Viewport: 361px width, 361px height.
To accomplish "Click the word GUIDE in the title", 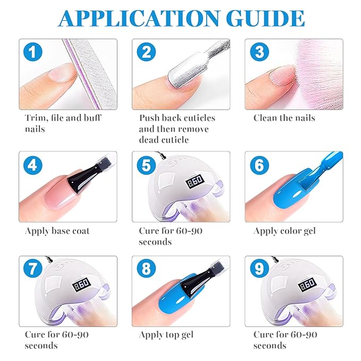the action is [x=265, y=18].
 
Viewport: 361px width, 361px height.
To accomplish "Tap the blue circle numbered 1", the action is [x=33, y=52].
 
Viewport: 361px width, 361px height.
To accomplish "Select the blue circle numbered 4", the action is [x=33, y=165].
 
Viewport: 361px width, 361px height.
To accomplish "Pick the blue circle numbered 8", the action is [x=146, y=268].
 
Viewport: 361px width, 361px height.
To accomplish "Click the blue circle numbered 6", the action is [x=259, y=165].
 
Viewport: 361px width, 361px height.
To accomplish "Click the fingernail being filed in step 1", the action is [x=62, y=73].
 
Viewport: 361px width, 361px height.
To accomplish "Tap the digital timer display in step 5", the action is [x=195, y=181].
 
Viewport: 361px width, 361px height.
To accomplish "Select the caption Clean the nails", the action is [x=284, y=118].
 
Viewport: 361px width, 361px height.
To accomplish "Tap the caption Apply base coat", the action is [x=57, y=231].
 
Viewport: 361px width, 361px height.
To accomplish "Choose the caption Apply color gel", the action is [x=284, y=231].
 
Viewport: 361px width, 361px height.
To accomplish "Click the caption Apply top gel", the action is [x=166, y=335].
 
